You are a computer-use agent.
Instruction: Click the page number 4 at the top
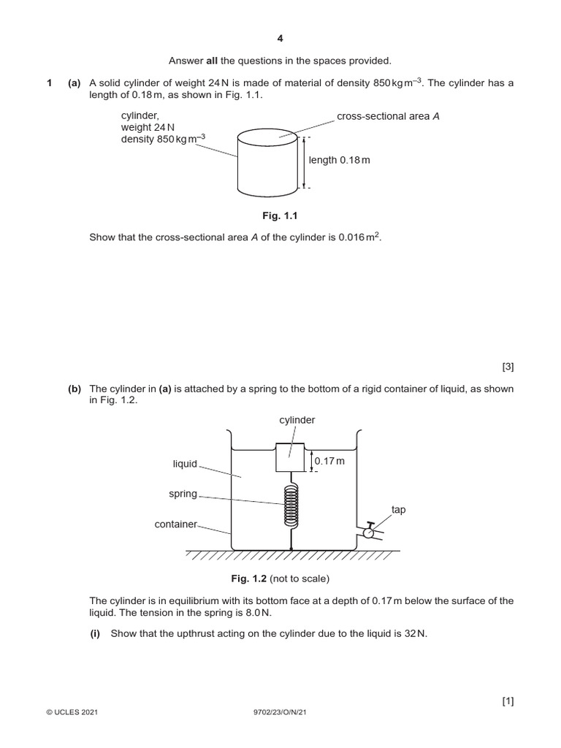pyautogui.click(x=280, y=39)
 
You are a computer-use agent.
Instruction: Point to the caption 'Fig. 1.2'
pyautogui.click(x=250, y=579)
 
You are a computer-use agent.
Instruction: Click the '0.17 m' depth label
pyautogui.click(x=329, y=461)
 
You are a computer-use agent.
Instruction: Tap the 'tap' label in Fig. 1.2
pyautogui.click(x=398, y=510)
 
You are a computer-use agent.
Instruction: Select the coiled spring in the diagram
pyautogui.click(x=291, y=505)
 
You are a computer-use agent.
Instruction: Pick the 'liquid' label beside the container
pyautogui.click(x=185, y=464)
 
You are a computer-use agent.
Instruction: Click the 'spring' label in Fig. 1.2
pyautogui.click(x=183, y=494)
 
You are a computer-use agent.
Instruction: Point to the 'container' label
pyautogui.click(x=176, y=524)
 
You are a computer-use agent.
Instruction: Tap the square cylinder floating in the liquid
pyautogui.click(x=290, y=458)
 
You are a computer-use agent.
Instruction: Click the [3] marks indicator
pyautogui.click(x=508, y=367)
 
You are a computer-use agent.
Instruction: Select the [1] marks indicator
pyautogui.click(x=508, y=701)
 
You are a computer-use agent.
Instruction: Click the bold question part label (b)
pyautogui.click(x=75, y=389)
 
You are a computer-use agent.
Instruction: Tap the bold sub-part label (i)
pyautogui.click(x=95, y=633)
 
